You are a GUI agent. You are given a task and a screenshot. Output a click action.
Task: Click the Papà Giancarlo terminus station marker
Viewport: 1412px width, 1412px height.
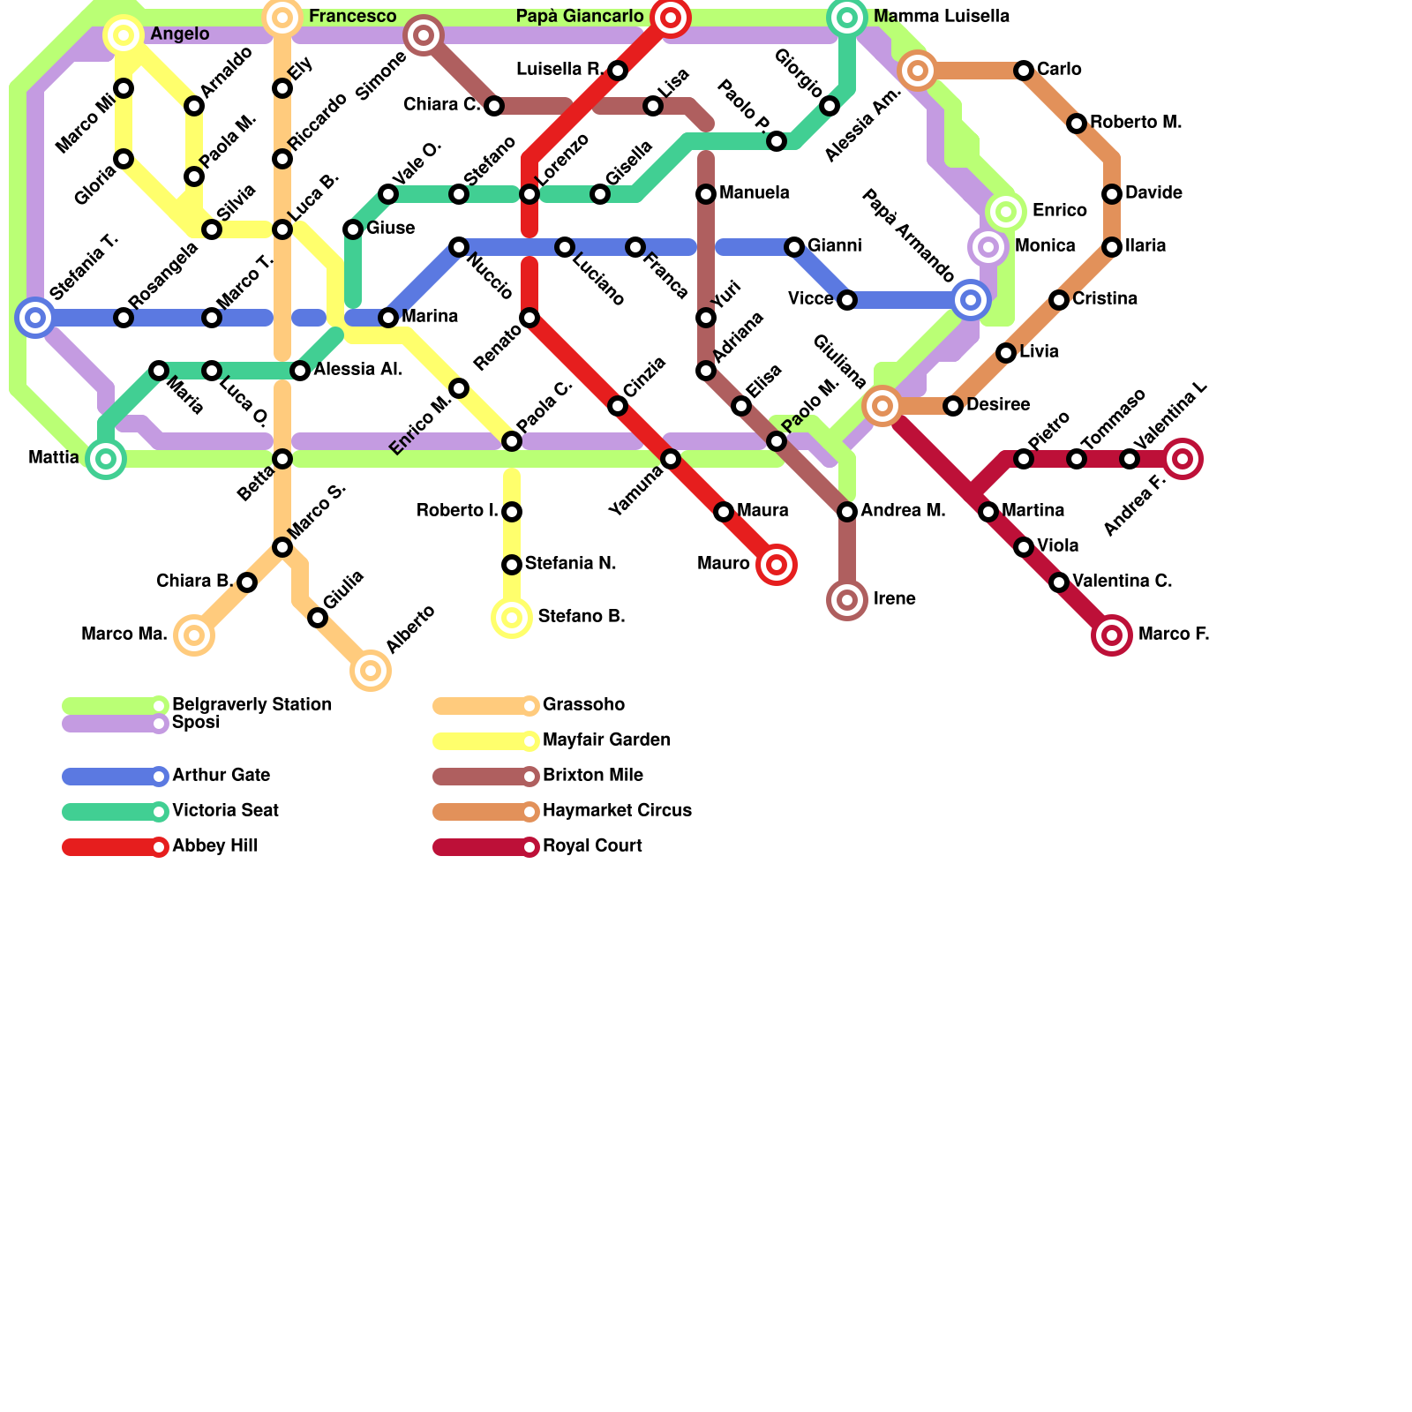pos(671,18)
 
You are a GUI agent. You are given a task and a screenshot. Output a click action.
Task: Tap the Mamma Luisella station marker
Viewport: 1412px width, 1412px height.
pos(847,18)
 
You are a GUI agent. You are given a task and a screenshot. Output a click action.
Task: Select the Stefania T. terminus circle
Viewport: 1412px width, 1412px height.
pos(35,318)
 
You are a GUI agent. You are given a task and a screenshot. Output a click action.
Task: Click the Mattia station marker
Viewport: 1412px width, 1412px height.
pos(106,459)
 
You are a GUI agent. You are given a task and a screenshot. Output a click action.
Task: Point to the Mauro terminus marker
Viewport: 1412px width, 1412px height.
pos(777,565)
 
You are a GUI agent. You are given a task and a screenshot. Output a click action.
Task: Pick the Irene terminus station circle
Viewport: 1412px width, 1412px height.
pos(847,600)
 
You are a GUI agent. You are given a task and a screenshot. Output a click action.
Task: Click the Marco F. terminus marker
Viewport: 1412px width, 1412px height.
pos(1112,635)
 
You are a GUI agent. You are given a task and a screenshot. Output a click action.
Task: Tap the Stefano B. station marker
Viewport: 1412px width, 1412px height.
pos(512,618)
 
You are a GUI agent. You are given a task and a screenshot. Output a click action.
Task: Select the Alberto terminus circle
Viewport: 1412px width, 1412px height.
pos(371,671)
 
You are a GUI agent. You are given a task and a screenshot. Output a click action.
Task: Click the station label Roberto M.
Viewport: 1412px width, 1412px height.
pos(1135,123)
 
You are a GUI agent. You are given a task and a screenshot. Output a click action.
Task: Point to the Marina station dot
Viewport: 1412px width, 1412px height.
pos(388,318)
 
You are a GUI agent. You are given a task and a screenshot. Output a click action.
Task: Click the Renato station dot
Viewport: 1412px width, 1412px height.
pos(529,318)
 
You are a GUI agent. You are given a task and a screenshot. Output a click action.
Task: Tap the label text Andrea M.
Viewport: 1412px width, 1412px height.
pos(903,511)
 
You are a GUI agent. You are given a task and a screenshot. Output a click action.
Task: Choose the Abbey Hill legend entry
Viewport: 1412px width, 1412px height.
pos(214,846)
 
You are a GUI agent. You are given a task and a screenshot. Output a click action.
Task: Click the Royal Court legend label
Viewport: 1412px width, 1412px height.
pos(592,846)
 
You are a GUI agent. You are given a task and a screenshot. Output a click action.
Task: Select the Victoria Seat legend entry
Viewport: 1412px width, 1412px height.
pos(225,811)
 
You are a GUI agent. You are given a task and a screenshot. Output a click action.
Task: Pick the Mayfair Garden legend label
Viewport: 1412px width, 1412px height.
pos(606,740)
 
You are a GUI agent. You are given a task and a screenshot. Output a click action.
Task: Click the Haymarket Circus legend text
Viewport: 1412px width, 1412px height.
pos(617,811)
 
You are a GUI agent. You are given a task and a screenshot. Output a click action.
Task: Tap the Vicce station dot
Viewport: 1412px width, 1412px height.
pos(847,300)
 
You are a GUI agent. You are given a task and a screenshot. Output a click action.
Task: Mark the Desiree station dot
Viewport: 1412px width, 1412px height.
pos(953,406)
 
